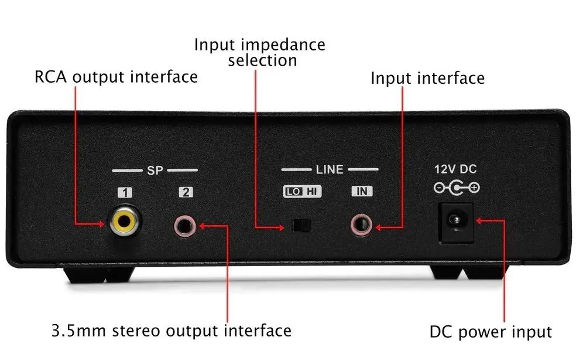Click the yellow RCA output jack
click(124, 221)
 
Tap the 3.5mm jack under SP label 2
click(184, 226)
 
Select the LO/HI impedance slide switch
click(301, 226)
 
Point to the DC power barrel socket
click(455, 223)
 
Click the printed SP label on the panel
click(155, 171)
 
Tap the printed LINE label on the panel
click(330, 169)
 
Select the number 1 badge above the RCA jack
click(125, 192)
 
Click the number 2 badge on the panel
click(186, 192)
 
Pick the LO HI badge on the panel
click(302, 191)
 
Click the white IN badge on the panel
click(362, 191)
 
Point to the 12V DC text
click(455, 169)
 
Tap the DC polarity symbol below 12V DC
click(457, 188)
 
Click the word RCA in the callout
click(51, 77)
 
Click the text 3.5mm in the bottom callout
click(78, 331)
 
